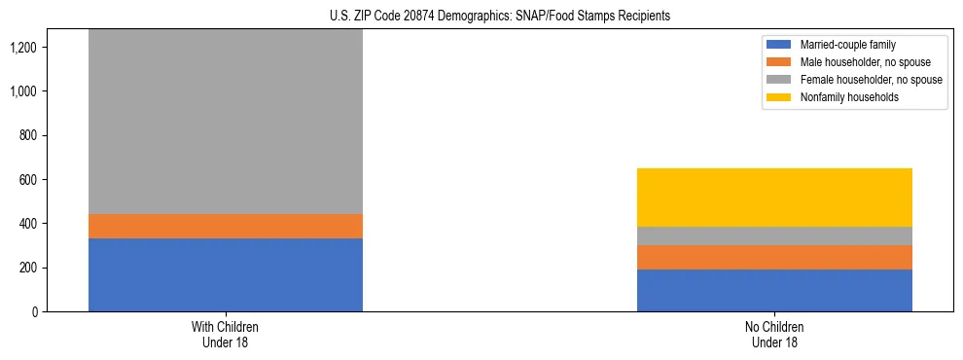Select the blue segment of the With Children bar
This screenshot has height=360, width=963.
pyautogui.click(x=225, y=274)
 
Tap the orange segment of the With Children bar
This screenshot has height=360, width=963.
pyautogui.click(x=225, y=226)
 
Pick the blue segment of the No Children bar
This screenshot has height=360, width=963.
pyautogui.click(x=774, y=290)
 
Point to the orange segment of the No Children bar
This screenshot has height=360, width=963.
pyautogui.click(x=774, y=257)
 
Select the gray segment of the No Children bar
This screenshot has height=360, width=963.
pyautogui.click(x=774, y=235)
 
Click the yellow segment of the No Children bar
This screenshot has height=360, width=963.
pyautogui.click(x=774, y=198)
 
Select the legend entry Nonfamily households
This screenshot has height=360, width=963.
pyautogui.click(x=841, y=97)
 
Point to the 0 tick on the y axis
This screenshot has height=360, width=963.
pyautogui.click(x=33, y=311)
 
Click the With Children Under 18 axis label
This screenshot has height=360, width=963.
pyautogui.click(x=225, y=335)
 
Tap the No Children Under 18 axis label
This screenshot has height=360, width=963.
pyautogui.click(x=774, y=335)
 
